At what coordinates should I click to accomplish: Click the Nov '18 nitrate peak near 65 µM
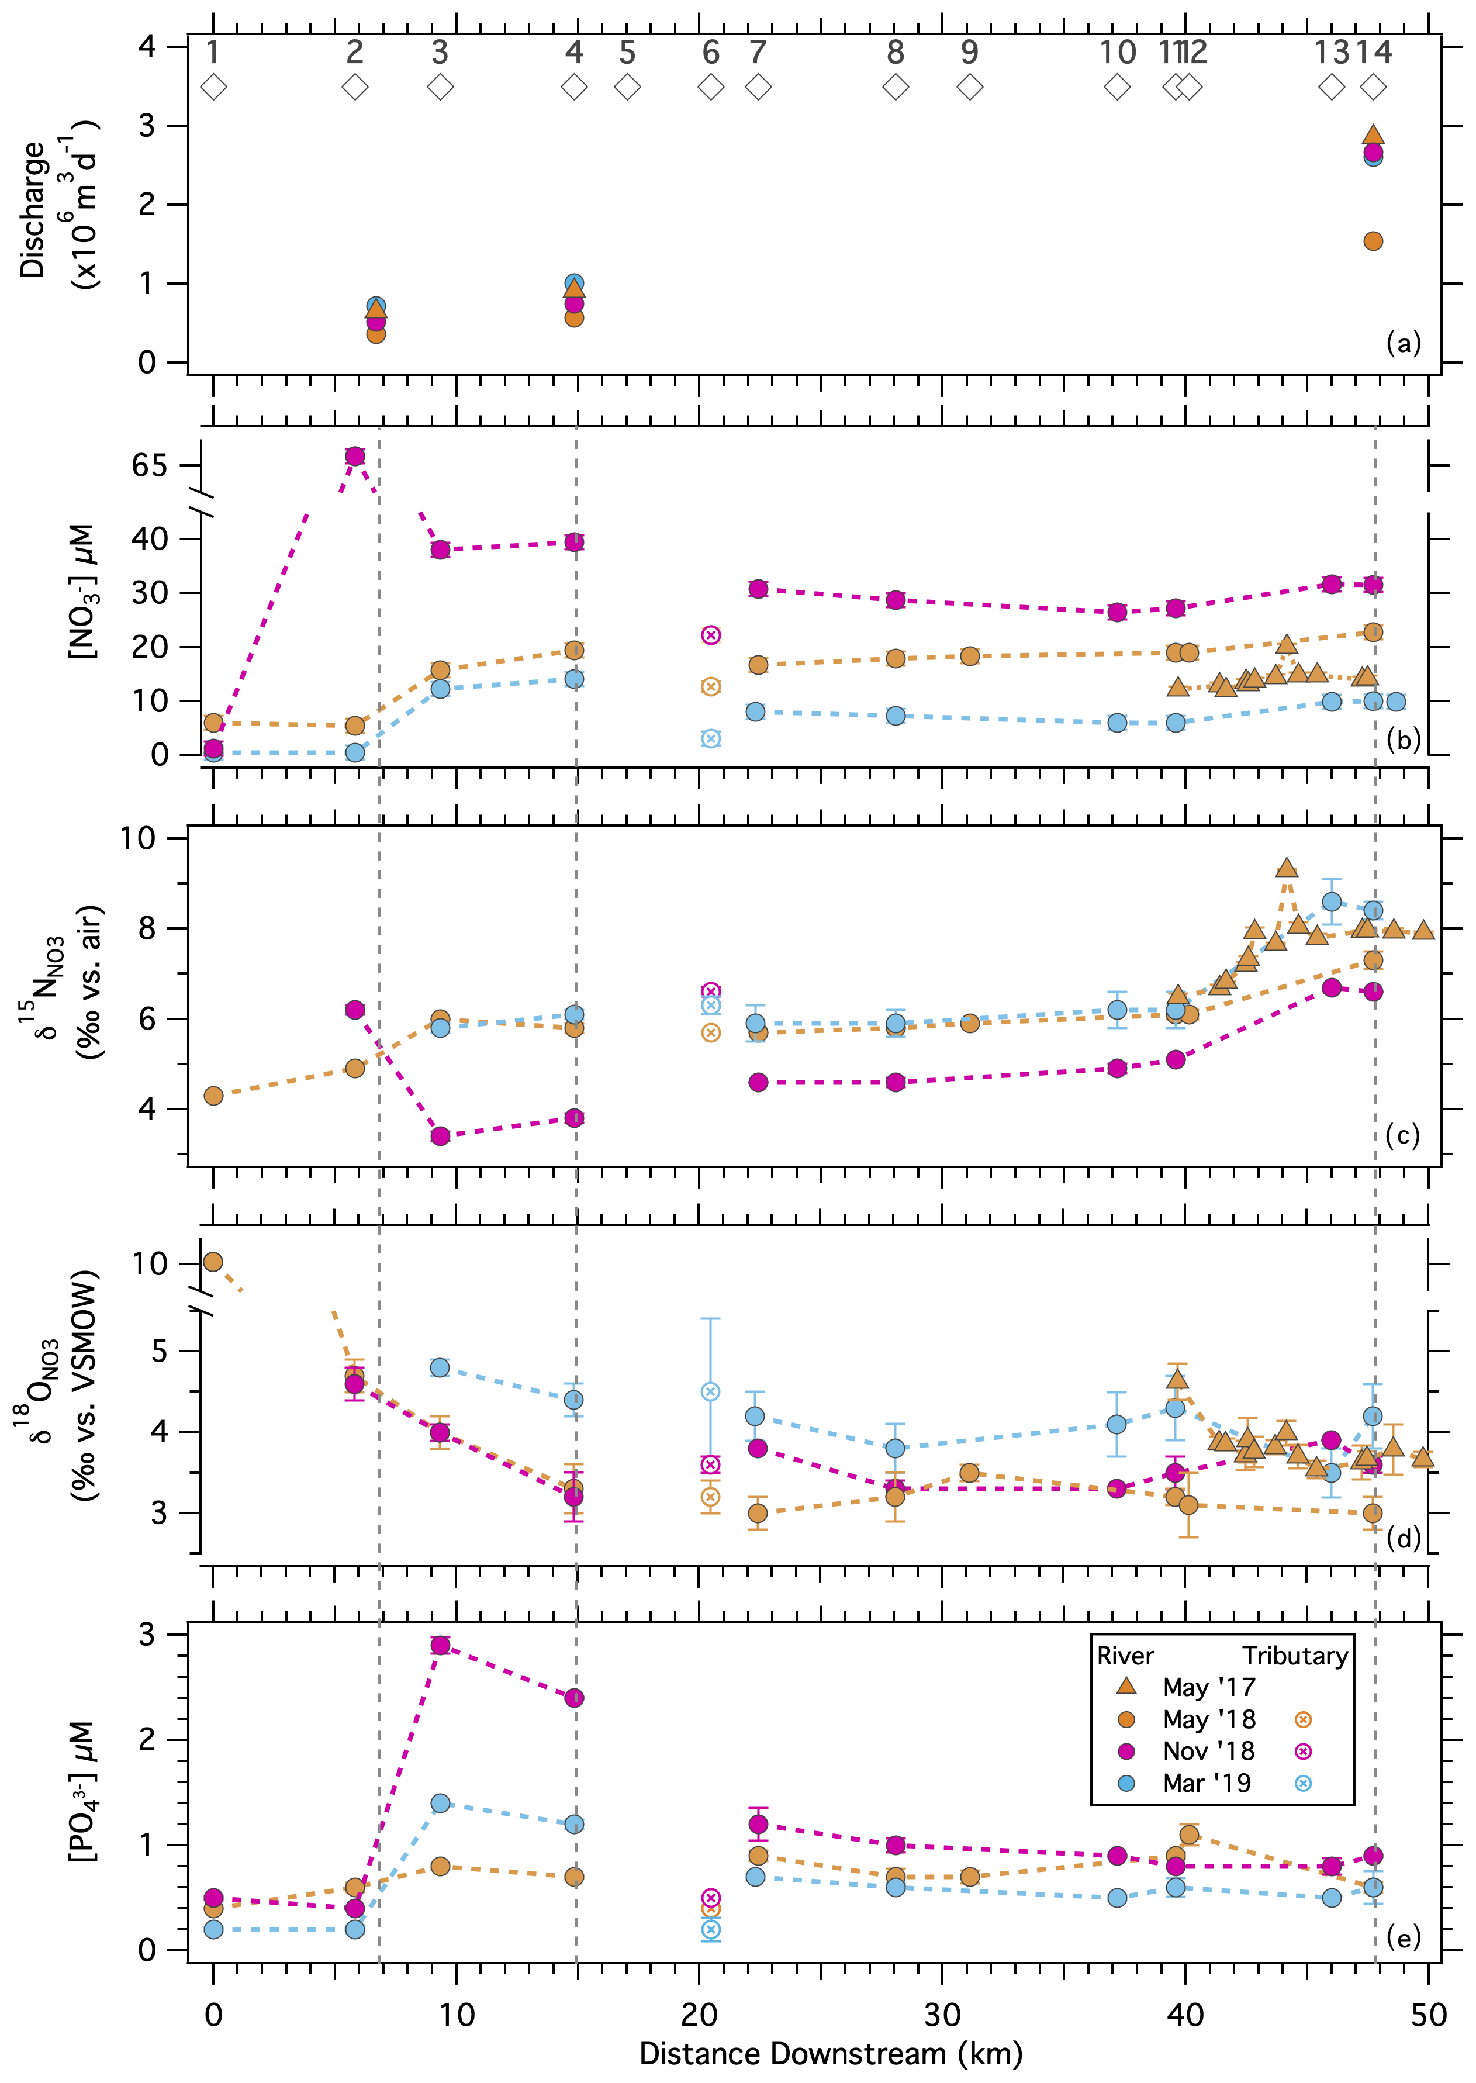[x=354, y=455]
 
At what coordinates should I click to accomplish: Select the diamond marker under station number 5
[x=627, y=87]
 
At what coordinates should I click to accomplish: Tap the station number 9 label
[x=970, y=53]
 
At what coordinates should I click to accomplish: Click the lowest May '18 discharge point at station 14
[x=1373, y=241]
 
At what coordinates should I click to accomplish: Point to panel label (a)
[x=1402, y=344]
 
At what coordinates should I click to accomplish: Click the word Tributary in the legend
[x=1295, y=1655]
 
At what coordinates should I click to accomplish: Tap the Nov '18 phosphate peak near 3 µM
[x=440, y=1645]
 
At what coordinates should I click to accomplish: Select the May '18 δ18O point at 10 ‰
[x=213, y=1262]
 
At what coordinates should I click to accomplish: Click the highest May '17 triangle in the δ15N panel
[x=1286, y=868]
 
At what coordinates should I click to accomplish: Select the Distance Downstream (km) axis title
[x=830, y=2053]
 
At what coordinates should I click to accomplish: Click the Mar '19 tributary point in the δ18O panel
[x=711, y=1391]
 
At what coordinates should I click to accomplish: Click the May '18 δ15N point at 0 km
[x=213, y=1095]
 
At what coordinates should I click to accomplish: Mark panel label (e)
[x=1402, y=1939]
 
